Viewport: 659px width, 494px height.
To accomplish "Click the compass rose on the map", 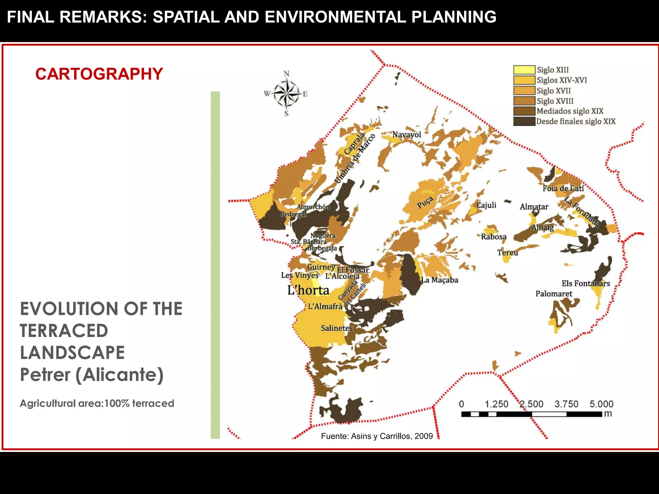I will pyautogui.click(x=286, y=93).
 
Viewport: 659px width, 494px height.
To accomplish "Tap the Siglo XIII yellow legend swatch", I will pyautogui.click(x=524, y=70).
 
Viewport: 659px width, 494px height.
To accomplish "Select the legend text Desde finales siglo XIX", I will pyautogui.click(x=576, y=121).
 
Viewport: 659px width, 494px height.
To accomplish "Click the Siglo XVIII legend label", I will pyautogui.click(x=555, y=101).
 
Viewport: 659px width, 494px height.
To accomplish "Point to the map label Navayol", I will pyautogui.click(x=406, y=134).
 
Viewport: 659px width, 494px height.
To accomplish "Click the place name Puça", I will pyautogui.click(x=425, y=202).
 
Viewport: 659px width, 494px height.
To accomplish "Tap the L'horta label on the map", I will pyautogui.click(x=308, y=290).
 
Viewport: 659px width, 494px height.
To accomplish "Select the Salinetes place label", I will pyautogui.click(x=337, y=328).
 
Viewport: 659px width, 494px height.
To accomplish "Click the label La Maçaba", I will pyautogui.click(x=440, y=280).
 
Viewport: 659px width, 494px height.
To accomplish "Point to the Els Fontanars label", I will pyautogui.click(x=586, y=283).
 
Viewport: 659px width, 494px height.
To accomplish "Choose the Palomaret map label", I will pyautogui.click(x=554, y=294).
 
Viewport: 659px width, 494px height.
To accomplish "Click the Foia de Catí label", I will pyautogui.click(x=563, y=188).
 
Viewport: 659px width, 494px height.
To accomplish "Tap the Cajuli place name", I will pyautogui.click(x=486, y=205).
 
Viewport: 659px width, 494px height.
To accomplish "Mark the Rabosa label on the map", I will pyautogui.click(x=494, y=237).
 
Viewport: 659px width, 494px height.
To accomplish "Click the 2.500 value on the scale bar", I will pyautogui.click(x=531, y=404).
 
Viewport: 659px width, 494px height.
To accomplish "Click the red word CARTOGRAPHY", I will pyautogui.click(x=99, y=74).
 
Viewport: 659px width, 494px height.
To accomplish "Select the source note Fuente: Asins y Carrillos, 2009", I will pyautogui.click(x=377, y=436).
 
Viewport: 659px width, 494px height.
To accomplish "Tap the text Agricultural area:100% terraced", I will pyautogui.click(x=97, y=403).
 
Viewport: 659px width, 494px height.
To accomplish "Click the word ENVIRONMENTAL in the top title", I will pyautogui.click(x=335, y=17).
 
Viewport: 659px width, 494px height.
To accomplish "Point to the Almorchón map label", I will pyautogui.click(x=313, y=207).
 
